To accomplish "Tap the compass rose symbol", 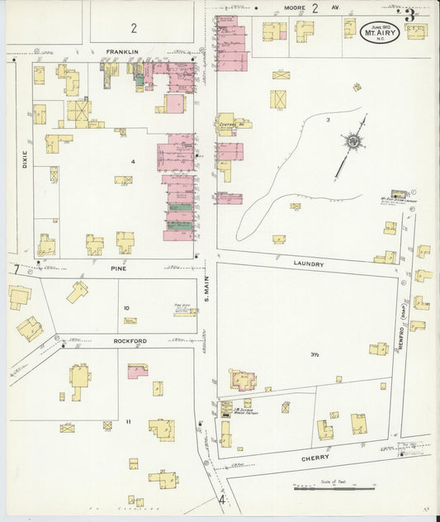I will pyautogui.click(x=353, y=142).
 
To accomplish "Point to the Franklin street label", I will pyautogui.click(x=121, y=51).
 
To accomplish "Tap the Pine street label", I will pyautogui.click(x=116, y=268).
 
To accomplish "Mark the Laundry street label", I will pyautogui.click(x=307, y=264).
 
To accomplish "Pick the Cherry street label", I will pyautogui.click(x=315, y=457).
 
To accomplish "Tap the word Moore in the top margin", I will pyautogui.click(x=294, y=7).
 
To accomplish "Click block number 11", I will pyautogui.click(x=128, y=421).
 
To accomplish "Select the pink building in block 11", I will pyautogui.click(x=137, y=371).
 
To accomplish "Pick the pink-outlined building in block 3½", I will pyautogui.click(x=244, y=381).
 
